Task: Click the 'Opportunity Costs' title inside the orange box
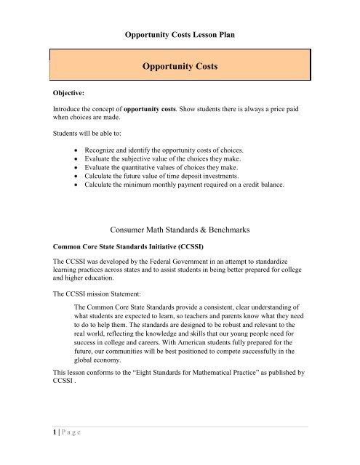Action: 180,66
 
